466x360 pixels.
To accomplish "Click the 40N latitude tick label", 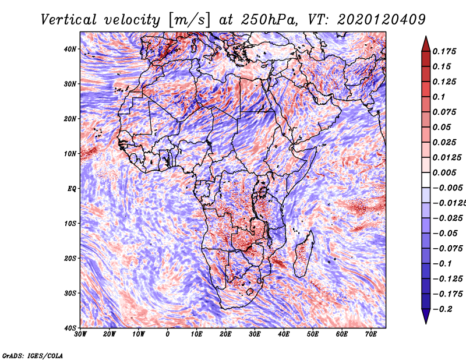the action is click(x=70, y=49).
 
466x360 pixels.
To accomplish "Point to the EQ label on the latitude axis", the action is click(x=72, y=189).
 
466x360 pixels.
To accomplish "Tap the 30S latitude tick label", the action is click(x=70, y=293).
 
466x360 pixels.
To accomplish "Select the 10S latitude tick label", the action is click(x=70, y=223).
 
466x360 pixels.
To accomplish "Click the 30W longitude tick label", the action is click(x=80, y=334).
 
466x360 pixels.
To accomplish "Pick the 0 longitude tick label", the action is click(x=168, y=334).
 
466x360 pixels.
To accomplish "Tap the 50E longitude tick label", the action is click(x=313, y=334).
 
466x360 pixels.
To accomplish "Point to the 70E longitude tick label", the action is click(x=371, y=334).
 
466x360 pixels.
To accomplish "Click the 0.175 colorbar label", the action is click(x=444, y=51).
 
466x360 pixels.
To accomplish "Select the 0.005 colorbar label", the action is click(x=444, y=172).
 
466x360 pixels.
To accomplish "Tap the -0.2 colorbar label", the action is click(x=443, y=309).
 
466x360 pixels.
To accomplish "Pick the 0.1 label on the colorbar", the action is click(x=439, y=97).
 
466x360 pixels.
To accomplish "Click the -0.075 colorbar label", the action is click(x=447, y=249).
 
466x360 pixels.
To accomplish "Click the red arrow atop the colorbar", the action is click(x=426, y=44).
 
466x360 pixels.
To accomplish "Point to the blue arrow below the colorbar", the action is click(x=426, y=316).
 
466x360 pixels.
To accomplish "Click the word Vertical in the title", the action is click(x=69, y=20).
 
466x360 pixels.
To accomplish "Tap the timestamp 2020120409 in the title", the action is click(x=382, y=20).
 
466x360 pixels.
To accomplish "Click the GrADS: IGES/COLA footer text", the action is click(x=33, y=355).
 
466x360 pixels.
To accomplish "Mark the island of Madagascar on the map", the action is click(x=303, y=254).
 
